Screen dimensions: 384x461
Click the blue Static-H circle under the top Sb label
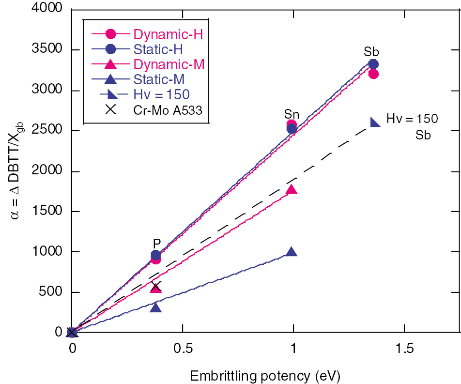coord(373,64)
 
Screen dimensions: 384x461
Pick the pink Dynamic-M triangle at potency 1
coord(292,189)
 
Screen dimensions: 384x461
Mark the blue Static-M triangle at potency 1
coord(292,252)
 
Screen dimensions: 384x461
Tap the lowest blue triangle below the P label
coord(155,307)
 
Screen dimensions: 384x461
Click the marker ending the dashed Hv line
coord(374,122)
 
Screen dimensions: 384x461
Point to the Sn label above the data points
coord(292,114)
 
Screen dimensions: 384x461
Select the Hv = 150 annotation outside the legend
coord(412,119)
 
